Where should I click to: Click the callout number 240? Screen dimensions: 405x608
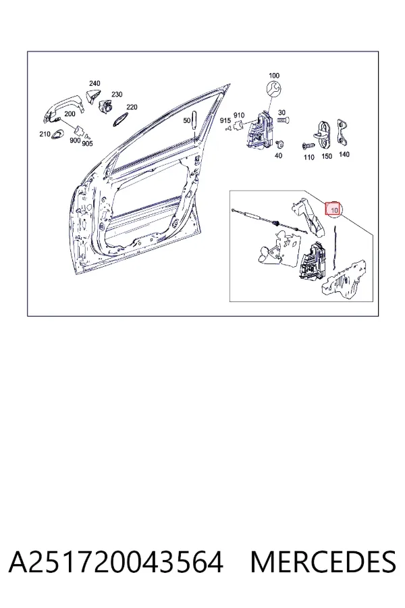tap(94, 83)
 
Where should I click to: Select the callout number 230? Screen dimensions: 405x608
tap(117, 94)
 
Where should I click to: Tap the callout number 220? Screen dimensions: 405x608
tap(132, 107)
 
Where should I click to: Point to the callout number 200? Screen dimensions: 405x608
tap(70, 114)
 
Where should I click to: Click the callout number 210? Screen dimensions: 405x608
tap(45, 134)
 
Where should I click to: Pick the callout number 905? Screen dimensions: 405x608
tap(87, 143)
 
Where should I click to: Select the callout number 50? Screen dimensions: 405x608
tap(187, 121)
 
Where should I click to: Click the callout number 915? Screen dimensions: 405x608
tap(225, 121)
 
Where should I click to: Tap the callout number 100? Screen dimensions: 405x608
tap(274, 76)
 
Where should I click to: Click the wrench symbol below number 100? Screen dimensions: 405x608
tap(274, 90)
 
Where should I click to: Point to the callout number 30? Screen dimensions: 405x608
tap(281, 113)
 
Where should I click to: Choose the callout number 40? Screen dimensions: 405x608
tap(278, 156)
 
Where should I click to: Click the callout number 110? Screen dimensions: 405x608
tap(308, 157)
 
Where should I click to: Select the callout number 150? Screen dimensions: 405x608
tap(327, 156)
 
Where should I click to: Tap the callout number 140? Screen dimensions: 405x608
tap(344, 154)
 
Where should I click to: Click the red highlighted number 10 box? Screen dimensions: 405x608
tap(333, 209)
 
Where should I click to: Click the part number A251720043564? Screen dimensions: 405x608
tap(116, 562)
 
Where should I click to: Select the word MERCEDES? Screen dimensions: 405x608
tap(323, 562)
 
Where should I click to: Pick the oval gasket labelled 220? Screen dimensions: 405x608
tap(121, 120)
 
